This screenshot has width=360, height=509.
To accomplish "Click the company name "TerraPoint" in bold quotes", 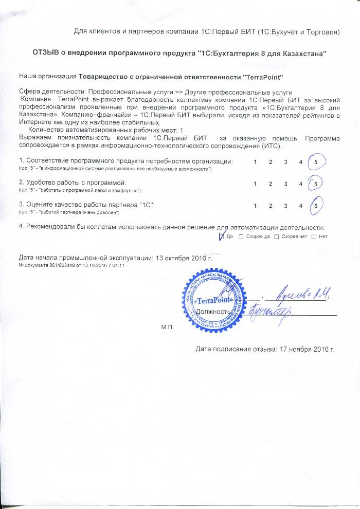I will [263, 77].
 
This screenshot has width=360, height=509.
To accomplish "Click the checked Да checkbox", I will [223, 237].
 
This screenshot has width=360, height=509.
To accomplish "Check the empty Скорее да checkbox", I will [241, 237].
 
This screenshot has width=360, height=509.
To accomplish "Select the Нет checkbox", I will [314, 237].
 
